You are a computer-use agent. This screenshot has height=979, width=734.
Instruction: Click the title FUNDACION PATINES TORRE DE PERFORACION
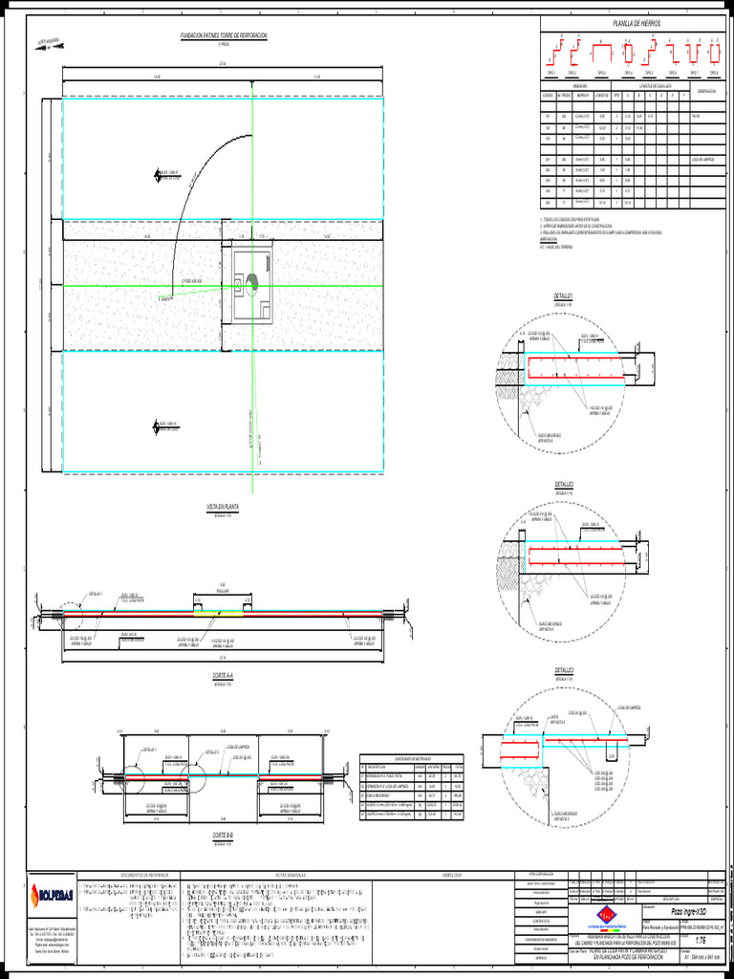[225, 35]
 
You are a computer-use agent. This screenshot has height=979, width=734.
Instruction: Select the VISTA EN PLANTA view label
[222, 508]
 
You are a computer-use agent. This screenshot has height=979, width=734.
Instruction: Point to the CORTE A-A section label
[224, 675]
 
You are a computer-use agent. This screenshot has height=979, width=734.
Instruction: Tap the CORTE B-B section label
[224, 836]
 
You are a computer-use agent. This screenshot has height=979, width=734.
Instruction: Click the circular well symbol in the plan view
[252, 279]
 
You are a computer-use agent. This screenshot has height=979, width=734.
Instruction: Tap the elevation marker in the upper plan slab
[158, 174]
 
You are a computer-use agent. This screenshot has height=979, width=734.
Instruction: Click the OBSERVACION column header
[706, 92]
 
